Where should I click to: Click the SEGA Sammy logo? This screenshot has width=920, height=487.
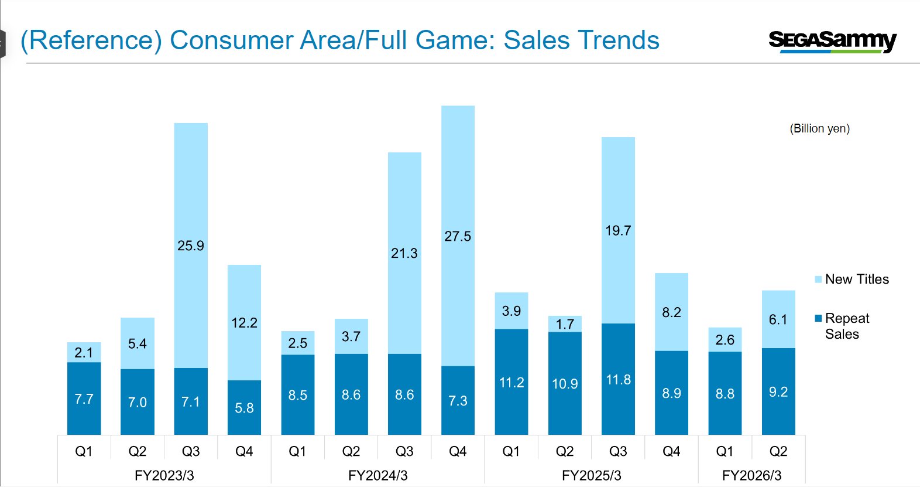coord(832,41)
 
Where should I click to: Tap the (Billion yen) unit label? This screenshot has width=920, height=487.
coord(819,128)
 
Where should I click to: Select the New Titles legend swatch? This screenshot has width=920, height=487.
coord(818,280)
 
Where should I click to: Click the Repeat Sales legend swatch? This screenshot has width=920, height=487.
coord(818,318)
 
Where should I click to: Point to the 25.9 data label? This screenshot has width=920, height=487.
coord(191,246)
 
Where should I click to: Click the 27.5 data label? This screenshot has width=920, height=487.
coord(458,236)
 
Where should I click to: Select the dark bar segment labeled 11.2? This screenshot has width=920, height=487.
coord(511,382)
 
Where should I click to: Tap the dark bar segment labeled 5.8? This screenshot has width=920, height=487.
coord(244,407)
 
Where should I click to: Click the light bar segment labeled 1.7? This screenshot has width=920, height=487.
coord(565,323)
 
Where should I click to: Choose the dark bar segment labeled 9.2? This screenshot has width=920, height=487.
coord(778,391)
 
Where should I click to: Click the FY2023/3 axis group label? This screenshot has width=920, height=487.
coord(164,475)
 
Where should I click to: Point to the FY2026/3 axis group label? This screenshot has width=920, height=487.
coord(751,475)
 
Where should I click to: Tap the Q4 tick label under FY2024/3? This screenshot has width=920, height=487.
coord(458,451)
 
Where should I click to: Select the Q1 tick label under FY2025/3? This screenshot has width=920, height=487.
coord(511,451)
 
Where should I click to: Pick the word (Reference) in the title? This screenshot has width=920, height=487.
coord(91,40)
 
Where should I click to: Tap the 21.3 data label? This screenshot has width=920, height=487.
coord(404,253)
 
